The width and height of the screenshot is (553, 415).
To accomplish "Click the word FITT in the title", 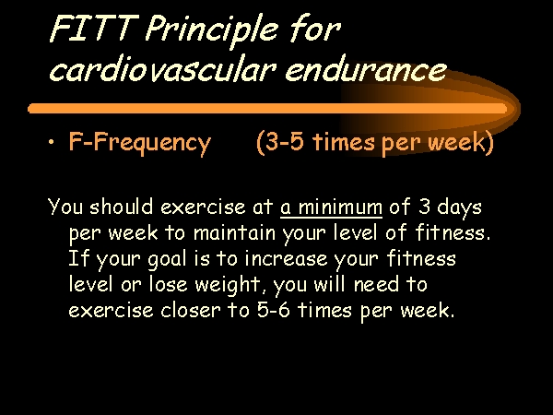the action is point(93,29).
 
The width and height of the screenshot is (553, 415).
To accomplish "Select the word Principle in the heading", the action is point(212,31).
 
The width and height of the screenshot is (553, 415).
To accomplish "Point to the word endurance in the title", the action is point(365,68).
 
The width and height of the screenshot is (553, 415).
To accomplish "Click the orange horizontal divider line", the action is point(267,108).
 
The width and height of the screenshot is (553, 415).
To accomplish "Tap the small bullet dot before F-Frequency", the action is point(52,142).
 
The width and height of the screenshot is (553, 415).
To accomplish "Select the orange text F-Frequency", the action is point(140,143).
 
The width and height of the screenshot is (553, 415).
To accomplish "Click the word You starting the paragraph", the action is point(65,207).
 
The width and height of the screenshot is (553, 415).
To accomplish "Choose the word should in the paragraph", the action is point(122,206).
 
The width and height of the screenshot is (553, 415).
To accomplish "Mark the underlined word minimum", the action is point(340,207).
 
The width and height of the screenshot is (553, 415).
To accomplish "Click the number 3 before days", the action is point(424,207).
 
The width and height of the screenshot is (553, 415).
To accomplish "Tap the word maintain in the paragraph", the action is point(234,233).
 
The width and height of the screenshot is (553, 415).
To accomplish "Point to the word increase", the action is point(286,259).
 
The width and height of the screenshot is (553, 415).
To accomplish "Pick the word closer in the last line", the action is point(191,311).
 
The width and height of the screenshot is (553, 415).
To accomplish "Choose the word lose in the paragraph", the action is point(168,284).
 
